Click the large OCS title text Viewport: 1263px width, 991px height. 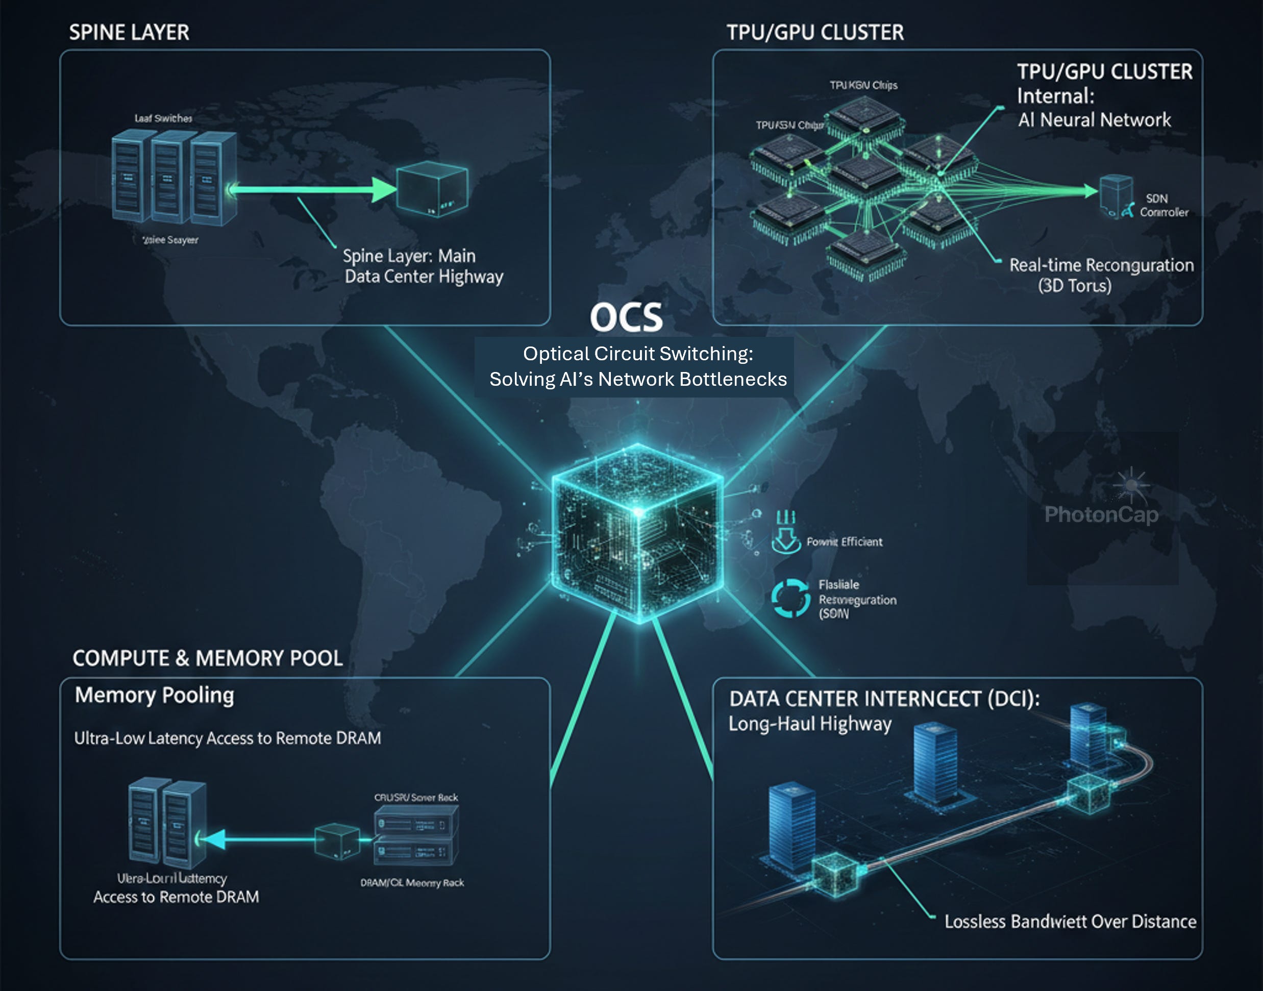point(626,317)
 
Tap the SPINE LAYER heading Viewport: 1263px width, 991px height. point(129,33)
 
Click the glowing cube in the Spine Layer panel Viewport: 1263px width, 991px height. point(432,189)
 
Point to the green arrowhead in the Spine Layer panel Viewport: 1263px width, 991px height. point(383,190)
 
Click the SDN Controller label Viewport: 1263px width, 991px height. point(1163,205)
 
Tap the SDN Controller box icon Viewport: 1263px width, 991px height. point(1116,195)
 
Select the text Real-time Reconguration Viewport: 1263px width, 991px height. point(1101,265)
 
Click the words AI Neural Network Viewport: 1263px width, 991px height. point(1094,120)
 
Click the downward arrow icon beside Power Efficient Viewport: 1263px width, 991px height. point(785,538)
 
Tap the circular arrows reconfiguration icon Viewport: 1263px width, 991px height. point(790,598)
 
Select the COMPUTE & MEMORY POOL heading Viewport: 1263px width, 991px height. point(207,658)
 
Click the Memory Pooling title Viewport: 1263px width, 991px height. point(154,695)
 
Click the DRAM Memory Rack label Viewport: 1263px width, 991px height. point(412,882)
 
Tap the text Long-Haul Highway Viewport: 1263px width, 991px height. point(810,724)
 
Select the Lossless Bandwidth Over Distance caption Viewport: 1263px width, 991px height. point(1070,922)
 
